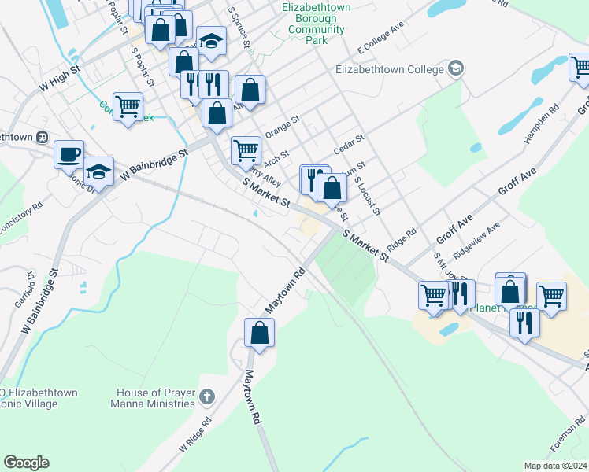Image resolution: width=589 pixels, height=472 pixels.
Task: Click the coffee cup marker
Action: (x=69, y=153)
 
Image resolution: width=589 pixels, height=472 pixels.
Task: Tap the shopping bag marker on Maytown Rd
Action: (x=259, y=333)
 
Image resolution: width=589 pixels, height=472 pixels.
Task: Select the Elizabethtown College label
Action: (x=390, y=69)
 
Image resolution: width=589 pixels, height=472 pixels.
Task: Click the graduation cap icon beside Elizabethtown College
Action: (x=455, y=69)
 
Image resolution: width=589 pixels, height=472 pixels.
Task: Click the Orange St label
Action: (x=283, y=129)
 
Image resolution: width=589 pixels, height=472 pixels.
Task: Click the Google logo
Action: (x=26, y=463)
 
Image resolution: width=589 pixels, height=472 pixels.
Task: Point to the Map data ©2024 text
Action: (x=554, y=466)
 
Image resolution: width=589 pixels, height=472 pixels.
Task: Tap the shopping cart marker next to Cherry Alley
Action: (x=246, y=149)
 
